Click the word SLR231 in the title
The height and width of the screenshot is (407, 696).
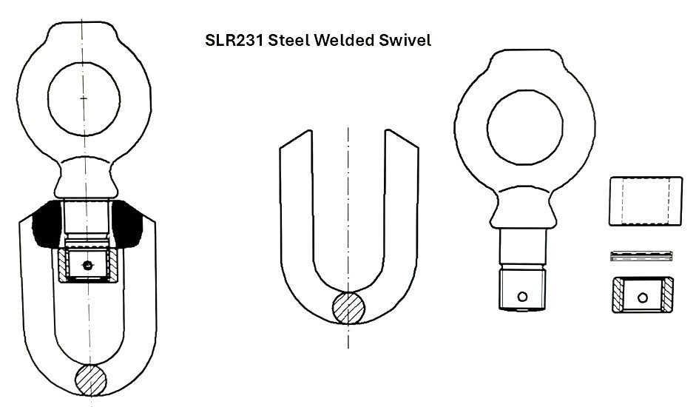coord(234,40)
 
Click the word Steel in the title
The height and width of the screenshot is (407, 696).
coord(289,40)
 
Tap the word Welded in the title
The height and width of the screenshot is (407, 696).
coord(344,40)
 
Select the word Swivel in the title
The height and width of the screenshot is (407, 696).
coord(405,40)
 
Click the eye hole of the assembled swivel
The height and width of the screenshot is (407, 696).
coord(84,98)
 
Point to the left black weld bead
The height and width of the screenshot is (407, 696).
coord(47,223)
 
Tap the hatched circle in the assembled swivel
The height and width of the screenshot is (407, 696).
coord(90,380)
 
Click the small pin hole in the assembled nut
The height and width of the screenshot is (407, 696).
coord(87,266)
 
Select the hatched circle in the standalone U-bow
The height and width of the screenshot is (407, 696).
coord(349,308)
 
